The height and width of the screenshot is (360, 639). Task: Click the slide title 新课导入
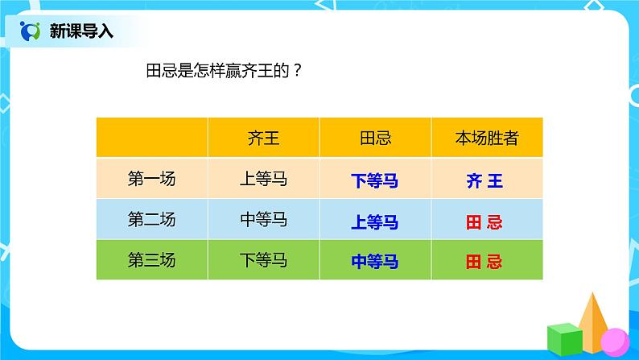click(x=81, y=31)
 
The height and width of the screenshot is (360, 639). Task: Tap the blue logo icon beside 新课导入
click(x=30, y=31)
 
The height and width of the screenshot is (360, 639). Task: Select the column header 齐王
click(x=263, y=138)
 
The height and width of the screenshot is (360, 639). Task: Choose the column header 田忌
click(x=375, y=138)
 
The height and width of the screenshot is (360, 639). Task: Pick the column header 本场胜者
click(x=486, y=138)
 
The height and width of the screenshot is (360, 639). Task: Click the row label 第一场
click(x=151, y=179)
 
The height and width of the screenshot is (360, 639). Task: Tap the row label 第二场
click(x=151, y=219)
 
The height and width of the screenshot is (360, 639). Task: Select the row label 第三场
click(x=151, y=259)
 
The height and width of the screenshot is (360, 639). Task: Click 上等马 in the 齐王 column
click(x=263, y=179)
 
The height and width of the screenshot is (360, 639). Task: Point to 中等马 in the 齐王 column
click(x=263, y=219)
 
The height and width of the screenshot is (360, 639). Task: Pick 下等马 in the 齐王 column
click(x=263, y=259)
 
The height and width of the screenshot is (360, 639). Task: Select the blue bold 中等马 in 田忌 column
click(x=375, y=262)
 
